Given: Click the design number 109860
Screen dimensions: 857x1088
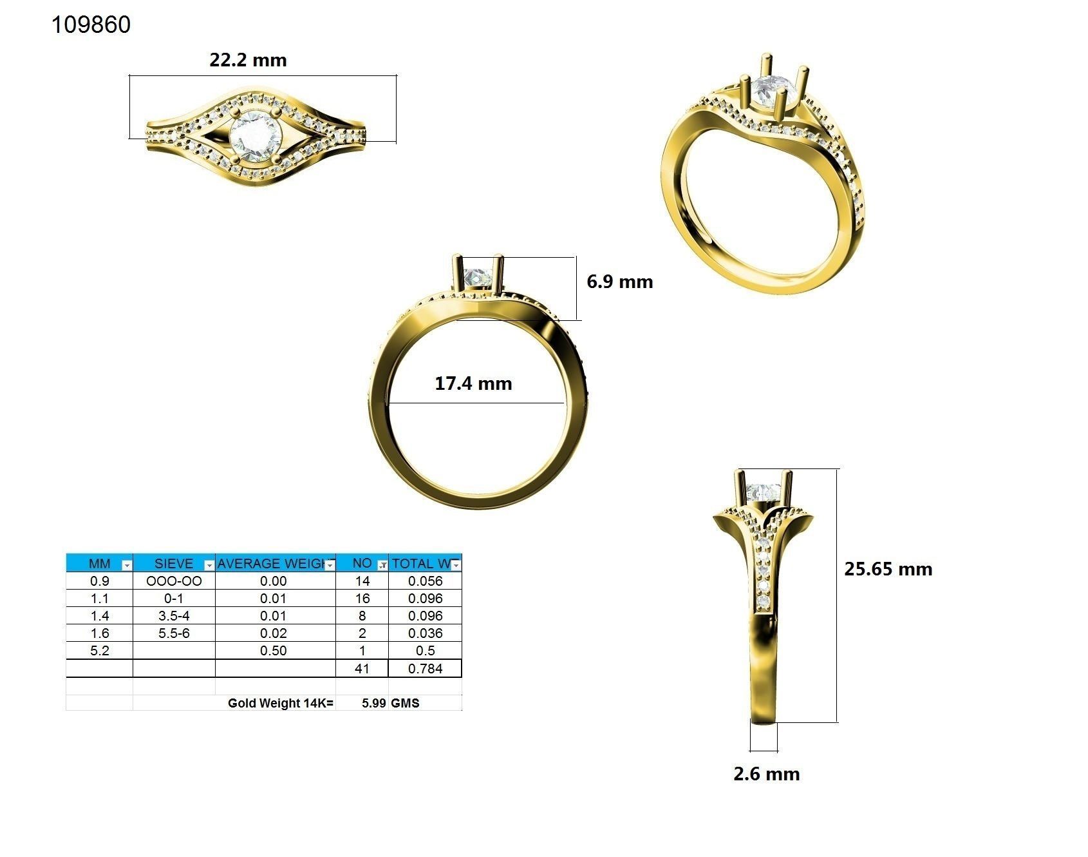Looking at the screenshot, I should pos(91,24).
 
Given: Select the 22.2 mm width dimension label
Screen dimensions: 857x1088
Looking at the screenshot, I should pos(248,60).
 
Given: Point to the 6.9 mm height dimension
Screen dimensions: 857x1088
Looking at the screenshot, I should pos(619,282).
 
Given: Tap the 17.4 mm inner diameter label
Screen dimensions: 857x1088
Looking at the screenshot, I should pos(473,383).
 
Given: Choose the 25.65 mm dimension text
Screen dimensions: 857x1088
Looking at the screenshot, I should pos(888,569).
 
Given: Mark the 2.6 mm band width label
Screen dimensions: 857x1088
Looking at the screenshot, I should pos(766,774).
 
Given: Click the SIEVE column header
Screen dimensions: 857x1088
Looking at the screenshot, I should pos(174,563).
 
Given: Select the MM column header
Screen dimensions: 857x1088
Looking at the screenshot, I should pos(99,563).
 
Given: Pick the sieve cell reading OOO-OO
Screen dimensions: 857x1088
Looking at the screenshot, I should pos(174,581).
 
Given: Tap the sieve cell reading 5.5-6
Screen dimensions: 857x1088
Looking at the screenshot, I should pos(174,633).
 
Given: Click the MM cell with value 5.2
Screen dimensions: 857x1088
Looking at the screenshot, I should pos(99,651).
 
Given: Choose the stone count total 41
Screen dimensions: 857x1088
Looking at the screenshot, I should pos(362,669).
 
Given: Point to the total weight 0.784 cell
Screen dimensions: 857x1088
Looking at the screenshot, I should pos(425,669).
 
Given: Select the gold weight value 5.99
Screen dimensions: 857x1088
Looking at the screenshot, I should pos(373,703).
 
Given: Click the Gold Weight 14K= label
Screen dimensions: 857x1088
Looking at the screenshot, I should pos(281,703).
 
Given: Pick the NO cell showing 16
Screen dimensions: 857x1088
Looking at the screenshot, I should pos(362,599).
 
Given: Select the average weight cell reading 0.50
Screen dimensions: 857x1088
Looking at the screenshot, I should pos(273,651).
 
